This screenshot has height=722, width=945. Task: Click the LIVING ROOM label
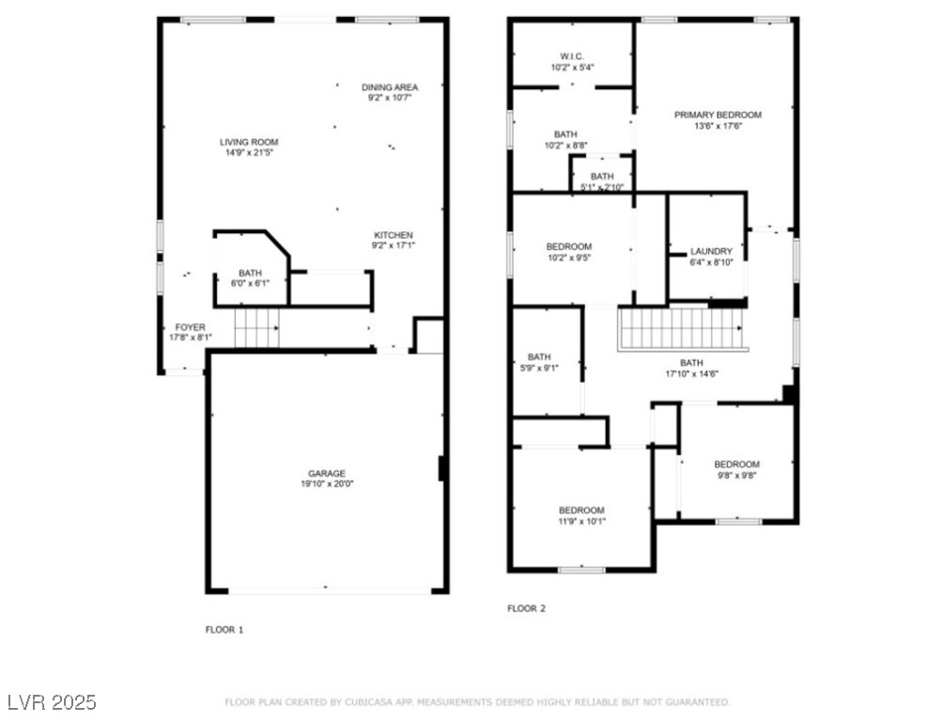(249, 142)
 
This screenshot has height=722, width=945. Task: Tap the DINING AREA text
(389, 87)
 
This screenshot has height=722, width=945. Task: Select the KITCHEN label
(393, 235)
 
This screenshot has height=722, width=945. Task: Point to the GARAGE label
(327, 474)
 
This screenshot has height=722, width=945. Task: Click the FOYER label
(190, 327)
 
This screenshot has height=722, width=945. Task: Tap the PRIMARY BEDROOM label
(718, 115)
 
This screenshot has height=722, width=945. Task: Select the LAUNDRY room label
(710, 251)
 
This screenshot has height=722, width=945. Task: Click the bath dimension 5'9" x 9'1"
(538, 368)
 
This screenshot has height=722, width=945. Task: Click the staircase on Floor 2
(680, 329)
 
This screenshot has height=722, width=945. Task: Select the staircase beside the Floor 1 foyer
(256, 328)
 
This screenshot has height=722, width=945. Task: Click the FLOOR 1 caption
(225, 630)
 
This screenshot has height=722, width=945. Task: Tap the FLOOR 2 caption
(526, 608)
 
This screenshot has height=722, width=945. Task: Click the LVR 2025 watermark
(52, 702)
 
